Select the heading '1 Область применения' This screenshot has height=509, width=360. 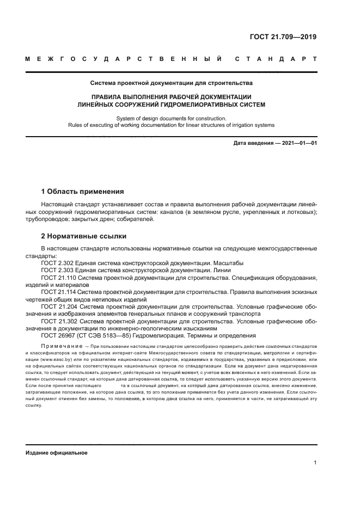point(82,192)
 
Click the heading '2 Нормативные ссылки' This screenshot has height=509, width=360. point(84,236)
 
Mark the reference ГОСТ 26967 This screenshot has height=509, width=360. point(60,336)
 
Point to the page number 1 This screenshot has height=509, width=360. point(315,463)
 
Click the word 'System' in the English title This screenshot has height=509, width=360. point(127,118)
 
